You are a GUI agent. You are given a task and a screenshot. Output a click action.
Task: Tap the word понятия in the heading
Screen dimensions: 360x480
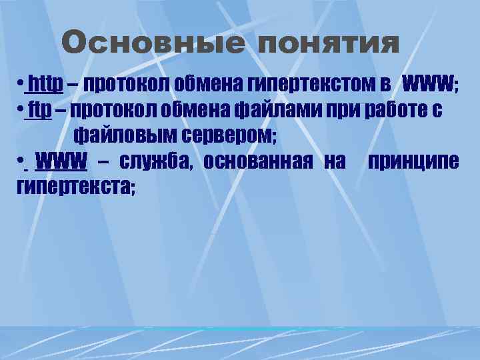pos(328,44)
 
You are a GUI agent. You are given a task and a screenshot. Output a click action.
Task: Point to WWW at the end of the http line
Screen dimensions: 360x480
pos(428,84)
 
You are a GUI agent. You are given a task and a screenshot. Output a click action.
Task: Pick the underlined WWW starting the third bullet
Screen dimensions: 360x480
pos(61,161)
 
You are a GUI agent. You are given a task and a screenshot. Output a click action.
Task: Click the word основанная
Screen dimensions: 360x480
pos(258,161)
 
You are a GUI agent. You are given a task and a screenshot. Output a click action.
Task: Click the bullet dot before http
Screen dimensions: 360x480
pos(22,85)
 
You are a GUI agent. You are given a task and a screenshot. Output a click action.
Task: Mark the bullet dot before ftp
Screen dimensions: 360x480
pos(22,110)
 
